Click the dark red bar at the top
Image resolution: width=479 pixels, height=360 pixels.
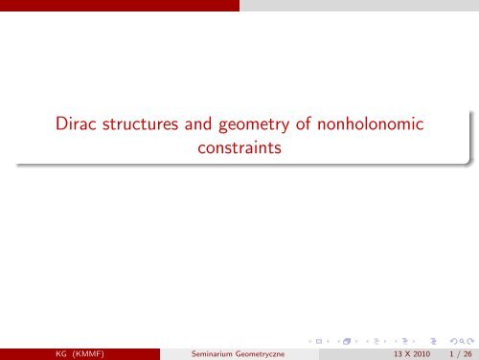point(120,4)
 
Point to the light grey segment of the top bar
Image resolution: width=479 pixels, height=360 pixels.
point(359,4)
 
